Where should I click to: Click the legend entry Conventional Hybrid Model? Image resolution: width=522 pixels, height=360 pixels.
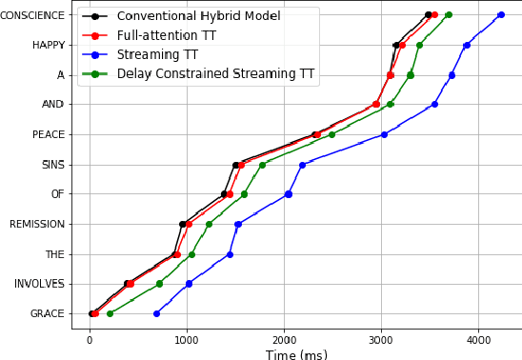click(198, 16)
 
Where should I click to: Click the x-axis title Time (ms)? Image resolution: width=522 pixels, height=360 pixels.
click(296, 354)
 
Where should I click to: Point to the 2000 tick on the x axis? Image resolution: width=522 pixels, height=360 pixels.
click(284, 339)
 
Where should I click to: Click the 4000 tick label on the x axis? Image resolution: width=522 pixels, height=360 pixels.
click(478, 339)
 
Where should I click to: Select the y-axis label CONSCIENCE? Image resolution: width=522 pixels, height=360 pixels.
click(33, 15)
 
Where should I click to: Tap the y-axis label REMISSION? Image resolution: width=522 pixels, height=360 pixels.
click(37, 225)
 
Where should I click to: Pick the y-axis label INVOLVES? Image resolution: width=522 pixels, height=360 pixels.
click(39, 284)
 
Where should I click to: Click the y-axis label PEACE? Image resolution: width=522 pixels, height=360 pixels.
click(49, 134)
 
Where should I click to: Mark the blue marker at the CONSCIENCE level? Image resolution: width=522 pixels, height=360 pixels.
click(501, 15)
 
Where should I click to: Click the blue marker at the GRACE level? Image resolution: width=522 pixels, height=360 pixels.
click(156, 313)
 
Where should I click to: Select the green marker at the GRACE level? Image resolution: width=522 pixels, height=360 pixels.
click(110, 313)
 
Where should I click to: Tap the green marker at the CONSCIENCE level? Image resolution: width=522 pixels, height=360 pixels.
click(449, 15)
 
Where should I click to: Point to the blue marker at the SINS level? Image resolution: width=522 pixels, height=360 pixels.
click(302, 165)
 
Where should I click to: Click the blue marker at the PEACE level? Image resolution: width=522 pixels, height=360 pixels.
click(384, 134)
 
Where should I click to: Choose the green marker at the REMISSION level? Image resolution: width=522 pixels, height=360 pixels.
click(209, 224)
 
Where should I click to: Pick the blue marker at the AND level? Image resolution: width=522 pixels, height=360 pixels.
click(434, 105)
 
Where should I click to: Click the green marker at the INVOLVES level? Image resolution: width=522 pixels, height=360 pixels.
click(159, 284)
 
